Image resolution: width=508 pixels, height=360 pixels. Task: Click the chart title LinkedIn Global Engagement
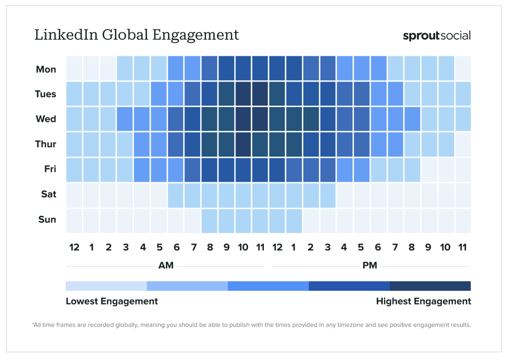click(x=136, y=35)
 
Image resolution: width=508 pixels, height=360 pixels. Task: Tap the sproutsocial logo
click(x=437, y=36)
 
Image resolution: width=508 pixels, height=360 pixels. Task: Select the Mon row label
click(x=46, y=70)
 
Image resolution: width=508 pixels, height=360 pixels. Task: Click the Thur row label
click(x=46, y=144)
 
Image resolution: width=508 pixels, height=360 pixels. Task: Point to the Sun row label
click(x=47, y=219)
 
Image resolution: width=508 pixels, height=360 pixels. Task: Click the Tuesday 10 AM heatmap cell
click(x=243, y=94)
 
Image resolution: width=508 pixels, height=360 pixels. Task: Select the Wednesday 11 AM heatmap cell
click(x=260, y=119)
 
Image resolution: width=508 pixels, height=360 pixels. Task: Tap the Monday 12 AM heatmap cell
click(x=74, y=68)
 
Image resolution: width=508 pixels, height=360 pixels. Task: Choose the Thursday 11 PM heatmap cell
click(x=463, y=144)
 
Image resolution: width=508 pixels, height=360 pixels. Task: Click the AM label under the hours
click(x=166, y=265)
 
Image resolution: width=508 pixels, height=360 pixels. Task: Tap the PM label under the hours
click(x=370, y=265)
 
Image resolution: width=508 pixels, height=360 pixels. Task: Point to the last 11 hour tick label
click(x=462, y=247)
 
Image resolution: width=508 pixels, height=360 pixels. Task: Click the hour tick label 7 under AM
click(x=194, y=247)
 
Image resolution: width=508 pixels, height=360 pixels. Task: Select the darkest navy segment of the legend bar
click(x=430, y=286)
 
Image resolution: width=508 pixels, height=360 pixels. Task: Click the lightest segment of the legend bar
click(x=106, y=286)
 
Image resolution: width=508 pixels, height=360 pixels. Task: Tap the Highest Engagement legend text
click(x=423, y=301)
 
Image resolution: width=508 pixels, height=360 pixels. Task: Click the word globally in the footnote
click(x=126, y=325)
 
